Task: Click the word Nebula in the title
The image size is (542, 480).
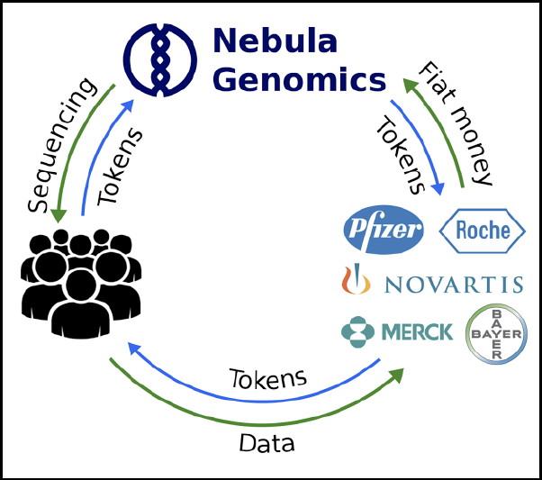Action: [x=274, y=41]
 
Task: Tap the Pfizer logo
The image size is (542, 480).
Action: [x=383, y=231]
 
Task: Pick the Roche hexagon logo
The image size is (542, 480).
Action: [x=482, y=230]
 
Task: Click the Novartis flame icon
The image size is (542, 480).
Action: [x=357, y=281]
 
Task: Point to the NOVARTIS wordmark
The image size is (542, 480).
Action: [x=453, y=285]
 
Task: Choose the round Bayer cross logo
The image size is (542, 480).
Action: [x=495, y=333]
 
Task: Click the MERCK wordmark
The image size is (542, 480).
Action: [x=417, y=332]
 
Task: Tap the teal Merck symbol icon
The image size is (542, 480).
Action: [x=357, y=332]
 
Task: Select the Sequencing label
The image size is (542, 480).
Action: [x=60, y=144]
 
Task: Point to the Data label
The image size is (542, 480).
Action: [x=267, y=443]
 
